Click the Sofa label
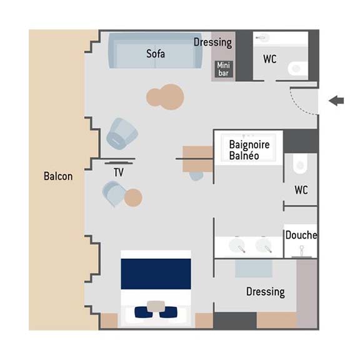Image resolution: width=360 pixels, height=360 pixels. click(x=156, y=54)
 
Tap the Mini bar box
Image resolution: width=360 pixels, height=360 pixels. click(x=223, y=69)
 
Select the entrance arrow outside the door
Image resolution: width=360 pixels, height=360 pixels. click(x=336, y=101)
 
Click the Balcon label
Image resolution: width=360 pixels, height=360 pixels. click(x=58, y=176)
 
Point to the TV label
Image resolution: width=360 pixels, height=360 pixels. click(x=119, y=172)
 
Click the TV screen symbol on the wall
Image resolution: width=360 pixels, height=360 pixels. click(x=119, y=163)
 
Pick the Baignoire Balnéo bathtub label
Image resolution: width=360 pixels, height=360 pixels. click(x=249, y=150)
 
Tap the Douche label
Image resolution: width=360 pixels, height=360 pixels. click(x=301, y=235)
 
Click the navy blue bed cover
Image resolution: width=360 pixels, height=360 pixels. click(x=156, y=274)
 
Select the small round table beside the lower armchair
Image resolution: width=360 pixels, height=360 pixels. click(x=133, y=197)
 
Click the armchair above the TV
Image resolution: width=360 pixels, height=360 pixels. click(x=122, y=134)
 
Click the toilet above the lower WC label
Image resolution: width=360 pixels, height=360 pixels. click(x=300, y=164)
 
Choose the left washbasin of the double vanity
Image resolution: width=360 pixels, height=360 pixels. click(x=237, y=246)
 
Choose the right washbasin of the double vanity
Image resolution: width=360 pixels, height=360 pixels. click(x=264, y=246)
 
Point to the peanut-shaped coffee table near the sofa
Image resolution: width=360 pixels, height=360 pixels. click(x=165, y=97)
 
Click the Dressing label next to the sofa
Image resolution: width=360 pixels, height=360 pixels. click(x=213, y=42)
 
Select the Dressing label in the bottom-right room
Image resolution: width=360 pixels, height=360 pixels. click(x=266, y=292)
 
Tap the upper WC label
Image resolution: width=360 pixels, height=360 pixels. click(x=270, y=59)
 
